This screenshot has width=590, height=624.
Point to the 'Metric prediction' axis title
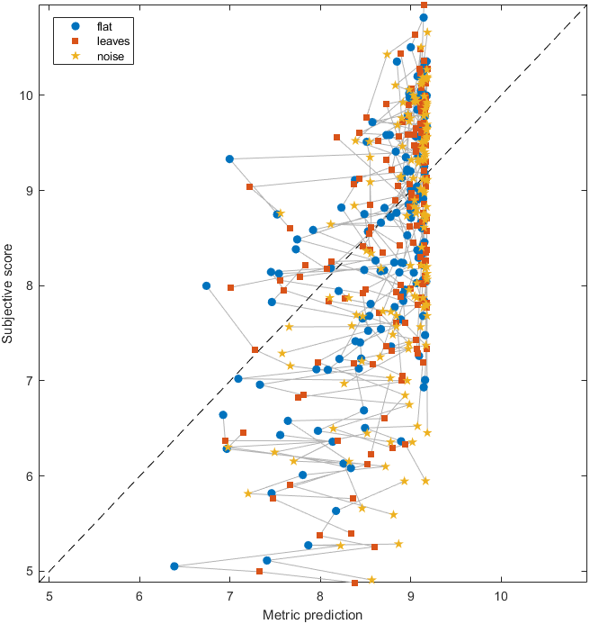[x=312, y=615]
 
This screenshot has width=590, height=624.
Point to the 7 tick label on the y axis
[x=33, y=381]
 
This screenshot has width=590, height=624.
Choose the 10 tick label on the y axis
[x=30, y=95]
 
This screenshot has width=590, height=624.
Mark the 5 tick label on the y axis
[x=33, y=571]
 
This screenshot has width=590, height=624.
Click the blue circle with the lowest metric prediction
[x=174, y=566]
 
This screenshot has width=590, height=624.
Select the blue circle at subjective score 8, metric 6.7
[x=206, y=285]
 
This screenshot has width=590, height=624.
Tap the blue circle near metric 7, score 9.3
[x=229, y=158]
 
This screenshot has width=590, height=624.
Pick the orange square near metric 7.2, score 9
[x=249, y=186]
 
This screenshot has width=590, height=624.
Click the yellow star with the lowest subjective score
[x=371, y=580]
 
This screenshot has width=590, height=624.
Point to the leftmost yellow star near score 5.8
[x=248, y=493]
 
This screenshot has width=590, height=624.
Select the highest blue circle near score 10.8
[x=424, y=17]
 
